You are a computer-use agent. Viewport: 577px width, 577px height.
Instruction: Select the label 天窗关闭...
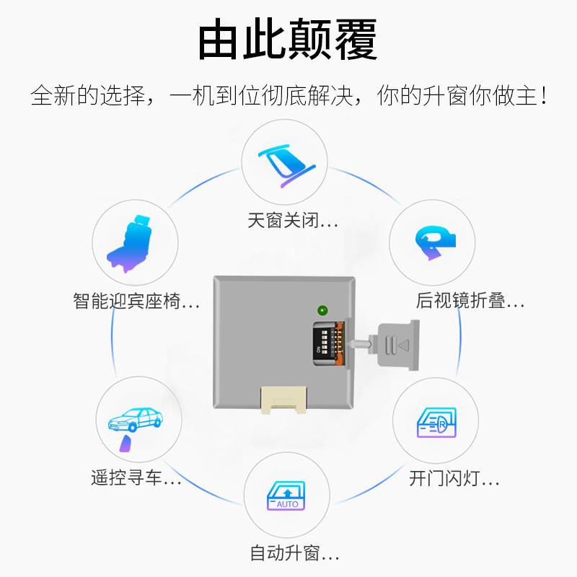[x=292, y=221]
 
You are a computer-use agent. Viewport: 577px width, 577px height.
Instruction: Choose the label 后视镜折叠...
[x=470, y=301]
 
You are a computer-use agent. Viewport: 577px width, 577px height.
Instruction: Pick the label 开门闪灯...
[x=454, y=477]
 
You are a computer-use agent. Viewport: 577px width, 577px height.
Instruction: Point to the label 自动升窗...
[x=294, y=554]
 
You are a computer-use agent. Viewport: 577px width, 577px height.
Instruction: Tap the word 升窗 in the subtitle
[x=449, y=96]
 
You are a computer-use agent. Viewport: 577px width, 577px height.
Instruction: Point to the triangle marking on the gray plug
[x=403, y=345]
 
